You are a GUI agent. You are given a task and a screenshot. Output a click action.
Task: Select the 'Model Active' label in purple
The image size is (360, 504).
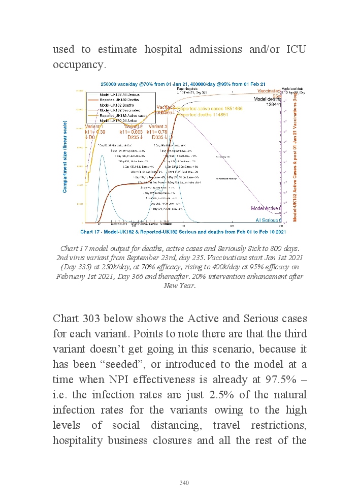(267, 208)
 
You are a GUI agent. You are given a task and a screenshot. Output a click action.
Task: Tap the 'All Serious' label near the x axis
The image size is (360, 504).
(270, 220)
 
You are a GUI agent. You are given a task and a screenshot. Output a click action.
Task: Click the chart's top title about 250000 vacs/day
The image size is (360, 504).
(183, 84)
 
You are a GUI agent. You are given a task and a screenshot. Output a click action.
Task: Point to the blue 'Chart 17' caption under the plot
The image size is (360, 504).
(183, 232)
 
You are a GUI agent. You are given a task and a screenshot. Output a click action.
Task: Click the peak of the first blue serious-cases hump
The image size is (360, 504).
(102, 155)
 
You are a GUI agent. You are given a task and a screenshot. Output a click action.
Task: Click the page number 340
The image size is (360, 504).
(184, 483)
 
